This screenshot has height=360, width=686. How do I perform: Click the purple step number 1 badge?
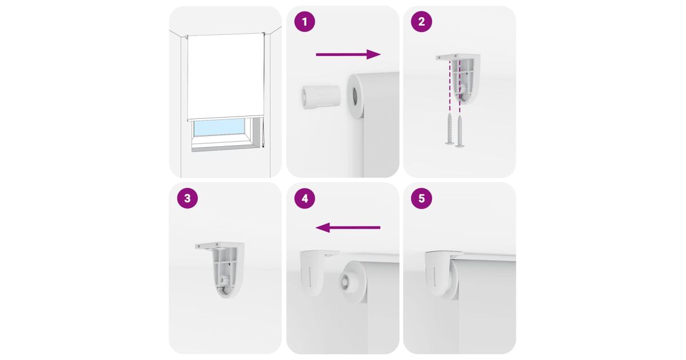point(304,22)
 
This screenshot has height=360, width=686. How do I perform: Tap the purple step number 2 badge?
point(421,22)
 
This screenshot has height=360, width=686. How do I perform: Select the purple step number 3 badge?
point(188,198)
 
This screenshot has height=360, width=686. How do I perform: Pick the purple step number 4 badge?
point(304,198)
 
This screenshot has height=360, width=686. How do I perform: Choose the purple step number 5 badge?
point(421,198)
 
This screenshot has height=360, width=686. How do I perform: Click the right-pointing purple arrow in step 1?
point(348,54)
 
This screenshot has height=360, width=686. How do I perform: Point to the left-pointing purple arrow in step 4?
point(348,227)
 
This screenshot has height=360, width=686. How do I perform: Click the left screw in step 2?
point(450,129)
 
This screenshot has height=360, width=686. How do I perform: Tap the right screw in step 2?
point(460,131)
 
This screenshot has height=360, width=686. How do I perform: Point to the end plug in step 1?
point(321,97)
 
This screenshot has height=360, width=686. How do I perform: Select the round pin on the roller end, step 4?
point(346,281)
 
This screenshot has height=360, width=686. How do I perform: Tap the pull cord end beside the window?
point(263,148)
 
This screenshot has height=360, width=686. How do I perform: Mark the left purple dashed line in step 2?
point(450,86)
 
